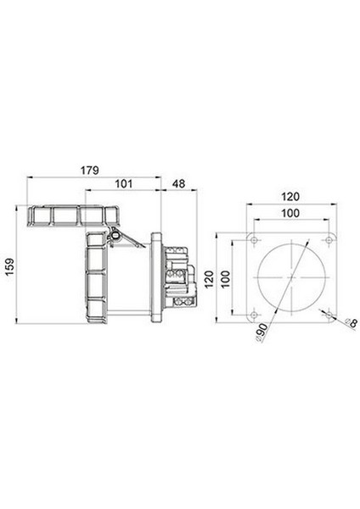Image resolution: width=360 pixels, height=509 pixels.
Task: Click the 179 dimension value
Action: coord(90,171)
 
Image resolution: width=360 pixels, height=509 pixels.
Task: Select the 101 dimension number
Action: coord(124,184)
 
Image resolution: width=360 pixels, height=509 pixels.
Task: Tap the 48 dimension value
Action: coord(178,184)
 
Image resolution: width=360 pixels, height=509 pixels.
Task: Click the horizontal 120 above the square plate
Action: coord(290,197)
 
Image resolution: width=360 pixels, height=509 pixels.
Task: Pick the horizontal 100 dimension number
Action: coord(290,213)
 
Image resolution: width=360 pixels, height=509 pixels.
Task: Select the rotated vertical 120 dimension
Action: coord(209,279)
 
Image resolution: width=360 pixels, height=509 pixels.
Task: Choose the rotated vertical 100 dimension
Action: coord(225,279)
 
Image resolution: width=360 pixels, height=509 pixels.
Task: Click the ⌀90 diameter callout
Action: coord(262,333)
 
